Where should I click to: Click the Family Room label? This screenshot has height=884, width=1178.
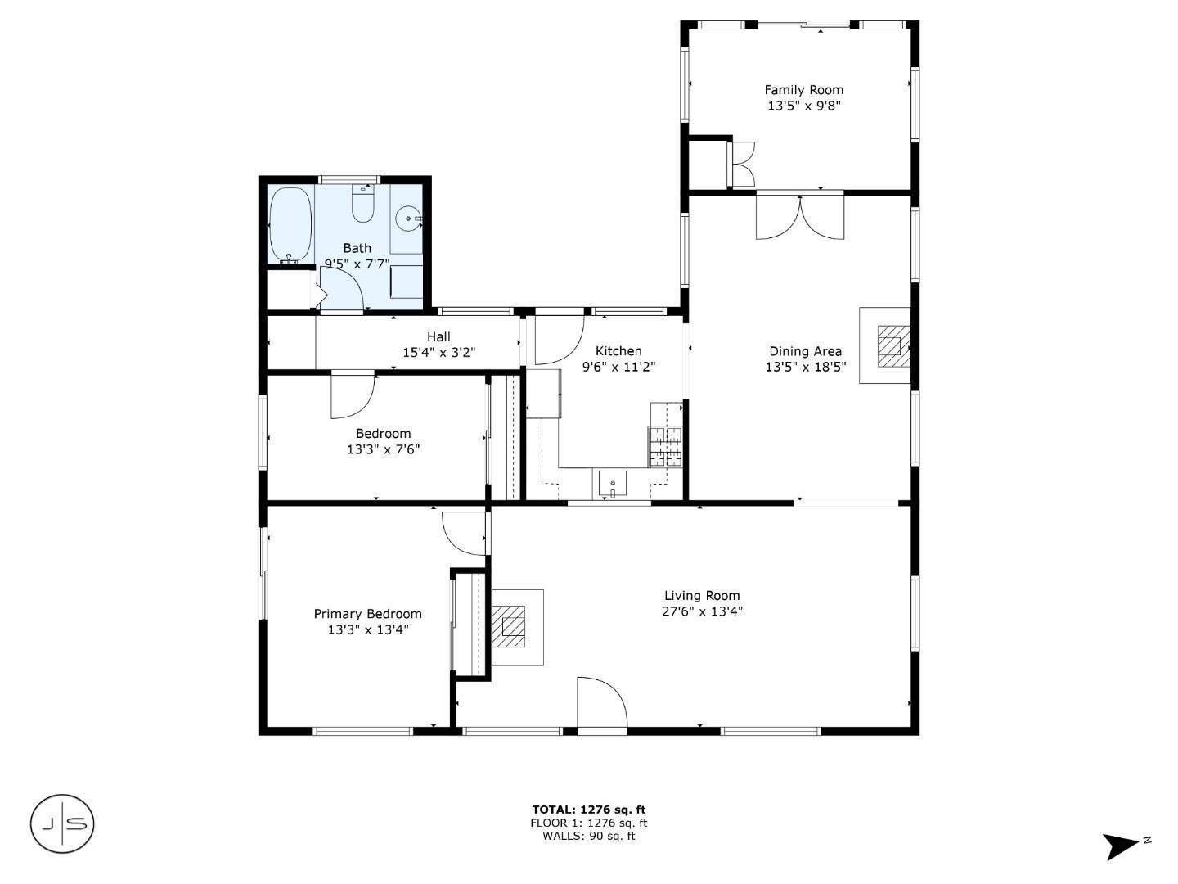point(803,90)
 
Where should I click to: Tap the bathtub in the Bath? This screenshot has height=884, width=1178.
point(290,223)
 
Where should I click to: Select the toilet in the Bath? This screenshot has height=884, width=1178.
point(362,205)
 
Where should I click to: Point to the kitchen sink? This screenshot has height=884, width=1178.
point(612,484)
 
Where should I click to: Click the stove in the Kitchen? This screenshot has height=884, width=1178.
point(665,447)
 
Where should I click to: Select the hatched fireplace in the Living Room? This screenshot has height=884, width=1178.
point(513,626)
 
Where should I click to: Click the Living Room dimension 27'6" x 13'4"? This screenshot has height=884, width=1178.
point(702,611)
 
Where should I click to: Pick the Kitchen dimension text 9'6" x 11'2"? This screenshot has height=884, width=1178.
point(618,368)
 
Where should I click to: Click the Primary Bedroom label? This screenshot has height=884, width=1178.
point(367,614)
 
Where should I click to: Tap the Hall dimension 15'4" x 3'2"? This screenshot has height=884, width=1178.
point(438,353)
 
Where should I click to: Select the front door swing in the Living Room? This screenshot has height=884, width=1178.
point(601,702)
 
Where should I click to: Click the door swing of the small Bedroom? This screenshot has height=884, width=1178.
point(352,395)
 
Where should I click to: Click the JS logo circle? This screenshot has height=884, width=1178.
point(62,823)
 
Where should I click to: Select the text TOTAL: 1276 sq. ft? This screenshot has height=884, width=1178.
point(588,810)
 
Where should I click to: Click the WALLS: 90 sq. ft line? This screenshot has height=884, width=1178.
point(588,836)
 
